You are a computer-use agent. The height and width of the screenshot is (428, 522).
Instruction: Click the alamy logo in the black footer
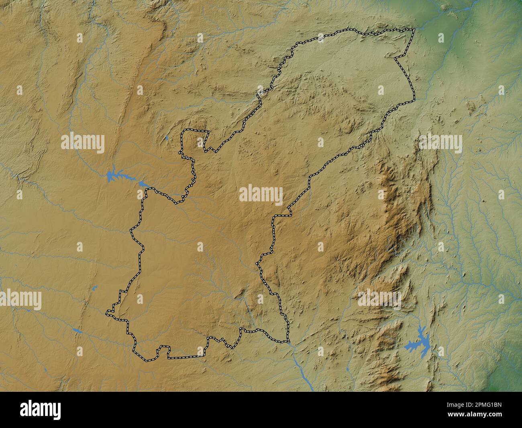pyautogui.click(x=41, y=410)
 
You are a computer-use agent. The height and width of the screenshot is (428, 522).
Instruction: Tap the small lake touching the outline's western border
pyautogui.click(x=143, y=184)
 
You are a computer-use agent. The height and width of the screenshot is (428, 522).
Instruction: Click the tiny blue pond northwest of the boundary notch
pyautogui.click(x=166, y=138)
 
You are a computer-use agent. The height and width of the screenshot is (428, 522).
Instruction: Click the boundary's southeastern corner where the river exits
pyautogui.click(x=289, y=342)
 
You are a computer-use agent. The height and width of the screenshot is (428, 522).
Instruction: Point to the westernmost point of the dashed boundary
pyautogui.click(x=107, y=312)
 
